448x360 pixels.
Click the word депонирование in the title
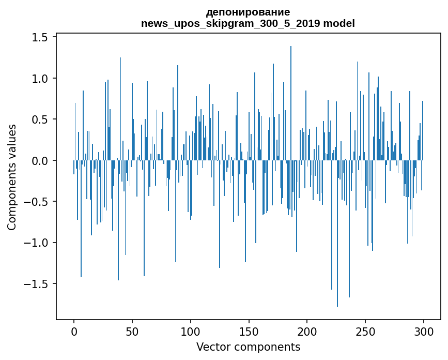248,12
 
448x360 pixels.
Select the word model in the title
339,23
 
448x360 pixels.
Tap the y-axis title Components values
12,177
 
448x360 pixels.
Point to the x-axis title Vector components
248,347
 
